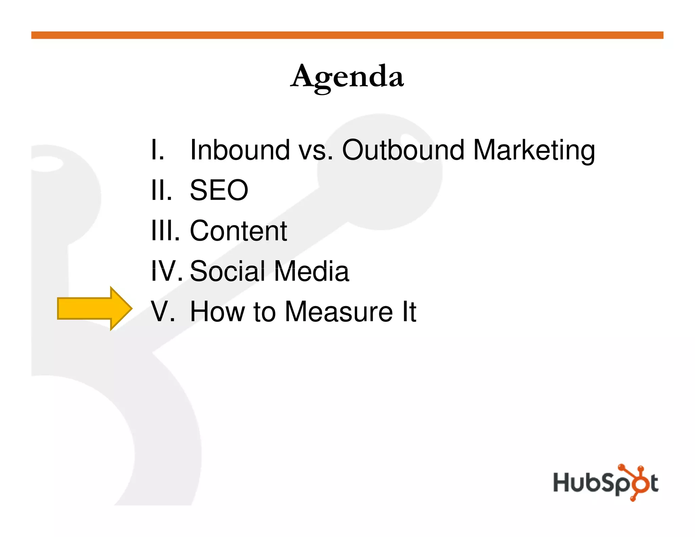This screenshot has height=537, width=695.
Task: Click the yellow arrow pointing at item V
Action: click(x=94, y=308)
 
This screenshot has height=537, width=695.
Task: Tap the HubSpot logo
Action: click(x=606, y=483)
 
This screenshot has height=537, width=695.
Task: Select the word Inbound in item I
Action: click(x=240, y=150)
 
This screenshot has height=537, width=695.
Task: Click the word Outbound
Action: click(x=403, y=150)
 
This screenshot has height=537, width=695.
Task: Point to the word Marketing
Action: click(x=534, y=150)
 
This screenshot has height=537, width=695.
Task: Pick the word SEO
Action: click(x=219, y=190)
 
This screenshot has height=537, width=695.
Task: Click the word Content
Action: click(x=238, y=231)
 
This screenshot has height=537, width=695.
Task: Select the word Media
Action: click(x=312, y=271)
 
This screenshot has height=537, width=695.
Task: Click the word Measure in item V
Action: click(x=339, y=312)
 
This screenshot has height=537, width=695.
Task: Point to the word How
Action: click(x=217, y=312)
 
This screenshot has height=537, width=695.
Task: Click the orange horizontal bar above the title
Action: click(x=347, y=35)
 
